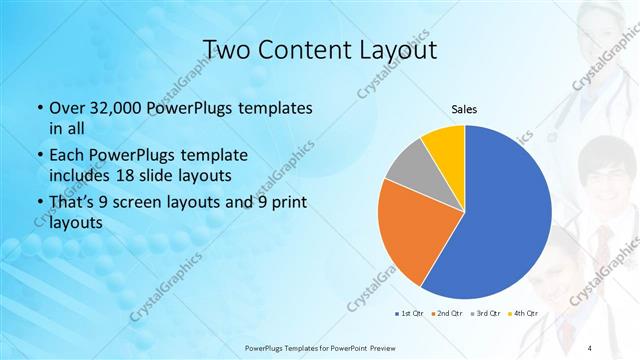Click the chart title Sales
pos(465,109)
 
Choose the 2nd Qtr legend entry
pos(446,312)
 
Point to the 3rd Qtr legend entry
pos(486,312)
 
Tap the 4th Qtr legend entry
pos(525,312)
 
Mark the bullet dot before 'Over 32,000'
pos(39,108)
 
